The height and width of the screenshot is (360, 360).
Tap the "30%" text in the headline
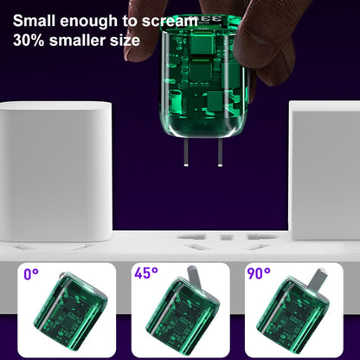29,41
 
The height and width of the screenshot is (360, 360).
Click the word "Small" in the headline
35,21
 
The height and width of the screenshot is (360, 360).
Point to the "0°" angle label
31,274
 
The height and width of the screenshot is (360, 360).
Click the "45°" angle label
146,273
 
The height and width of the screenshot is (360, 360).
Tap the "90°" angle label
259,273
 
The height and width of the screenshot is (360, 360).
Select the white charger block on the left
55,171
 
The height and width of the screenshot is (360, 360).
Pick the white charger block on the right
325,170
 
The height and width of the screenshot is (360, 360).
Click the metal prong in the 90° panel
318,280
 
